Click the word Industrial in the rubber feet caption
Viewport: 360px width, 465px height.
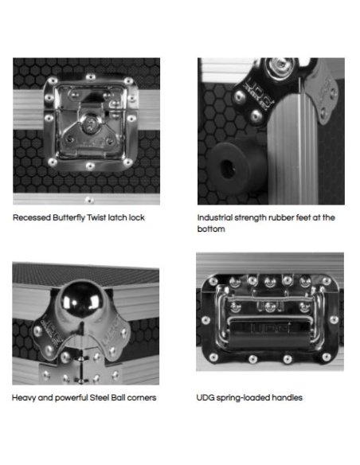(214, 217)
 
